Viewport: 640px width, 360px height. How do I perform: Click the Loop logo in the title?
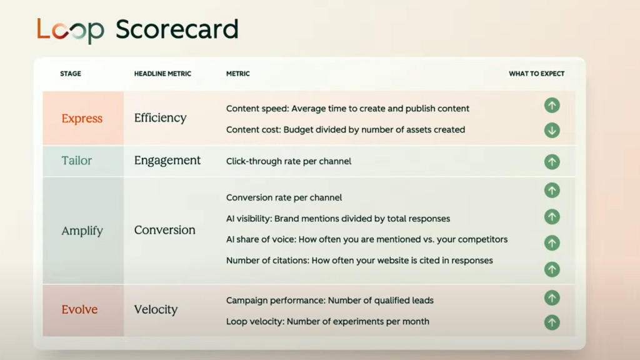pos(71,30)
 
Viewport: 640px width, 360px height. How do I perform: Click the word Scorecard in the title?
pos(177,29)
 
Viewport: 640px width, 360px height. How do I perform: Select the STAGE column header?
pos(71,74)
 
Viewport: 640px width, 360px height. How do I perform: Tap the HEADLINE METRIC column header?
pos(162,74)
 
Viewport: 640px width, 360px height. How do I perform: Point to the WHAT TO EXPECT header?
pos(536,74)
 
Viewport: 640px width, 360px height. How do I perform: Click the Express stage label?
pos(82,118)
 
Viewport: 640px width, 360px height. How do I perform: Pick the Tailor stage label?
pos(77,161)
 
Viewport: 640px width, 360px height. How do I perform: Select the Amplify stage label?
pos(82,231)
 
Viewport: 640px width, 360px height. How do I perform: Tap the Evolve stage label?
pos(79,309)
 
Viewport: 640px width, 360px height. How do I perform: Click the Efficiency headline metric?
pos(161,117)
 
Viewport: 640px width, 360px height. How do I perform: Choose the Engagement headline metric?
pos(167,161)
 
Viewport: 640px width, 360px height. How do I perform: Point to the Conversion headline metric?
pos(165,230)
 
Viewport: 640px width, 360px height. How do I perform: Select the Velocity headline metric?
pos(156,309)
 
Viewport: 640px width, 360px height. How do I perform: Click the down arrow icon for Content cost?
pos(552,130)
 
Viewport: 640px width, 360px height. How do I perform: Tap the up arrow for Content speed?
pos(552,105)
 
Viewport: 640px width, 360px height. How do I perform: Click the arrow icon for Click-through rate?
pos(552,162)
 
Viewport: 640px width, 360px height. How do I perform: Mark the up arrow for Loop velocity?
pos(552,322)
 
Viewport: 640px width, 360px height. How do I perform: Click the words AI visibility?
pos(249,219)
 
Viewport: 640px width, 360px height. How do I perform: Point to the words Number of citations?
pos(267,261)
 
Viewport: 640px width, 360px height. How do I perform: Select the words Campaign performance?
pos(276,301)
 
